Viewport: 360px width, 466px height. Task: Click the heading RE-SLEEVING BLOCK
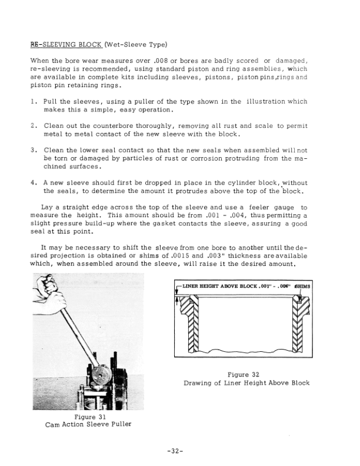66,45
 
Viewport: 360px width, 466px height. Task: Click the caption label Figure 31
89,417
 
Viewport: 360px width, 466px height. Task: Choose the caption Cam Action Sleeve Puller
88,425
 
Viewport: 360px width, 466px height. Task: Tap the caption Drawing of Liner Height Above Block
246,383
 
